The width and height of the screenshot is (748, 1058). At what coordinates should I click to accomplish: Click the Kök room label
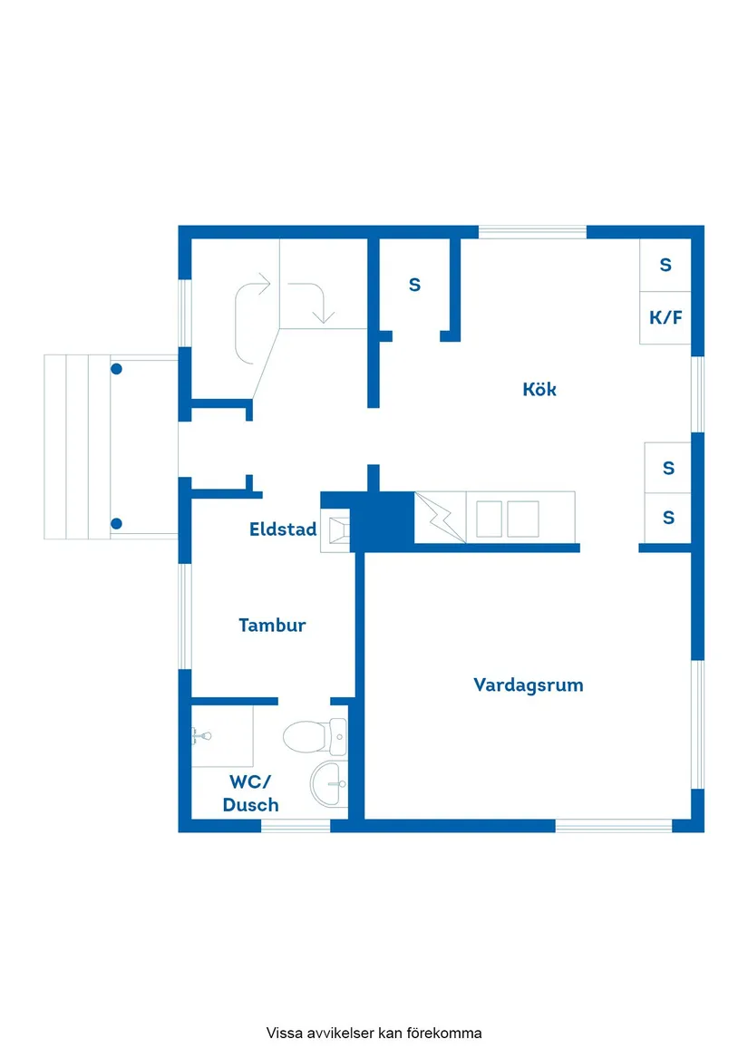(x=539, y=390)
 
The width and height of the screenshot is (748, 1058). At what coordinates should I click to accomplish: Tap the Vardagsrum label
(x=528, y=684)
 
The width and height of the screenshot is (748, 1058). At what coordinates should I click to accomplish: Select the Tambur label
(x=272, y=625)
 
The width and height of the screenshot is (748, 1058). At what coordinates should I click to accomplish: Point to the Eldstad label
(x=283, y=529)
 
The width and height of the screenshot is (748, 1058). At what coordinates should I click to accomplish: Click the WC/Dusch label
(x=250, y=793)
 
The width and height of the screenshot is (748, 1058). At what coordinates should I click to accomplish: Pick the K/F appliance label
(x=665, y=317)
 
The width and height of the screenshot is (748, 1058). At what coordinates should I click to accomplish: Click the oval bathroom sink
(x=329, y=782)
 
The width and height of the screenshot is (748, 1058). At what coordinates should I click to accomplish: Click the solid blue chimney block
(x=382, y=522)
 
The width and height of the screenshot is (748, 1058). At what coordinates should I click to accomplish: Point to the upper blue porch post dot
(x=116, y=369)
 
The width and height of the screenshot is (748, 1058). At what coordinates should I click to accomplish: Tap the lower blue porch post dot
(x=116, y=523)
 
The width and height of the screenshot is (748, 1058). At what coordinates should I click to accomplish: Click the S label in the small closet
(x=414, y=285)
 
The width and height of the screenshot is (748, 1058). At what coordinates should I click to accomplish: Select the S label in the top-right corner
(x=665, y=265)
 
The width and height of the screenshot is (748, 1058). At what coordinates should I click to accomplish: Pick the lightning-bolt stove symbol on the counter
(x=440, y=518)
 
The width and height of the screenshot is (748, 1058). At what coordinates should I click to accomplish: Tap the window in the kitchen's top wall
(x=532, y=232)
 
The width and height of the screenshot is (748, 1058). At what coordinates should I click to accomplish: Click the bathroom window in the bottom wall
(x=296, y=826)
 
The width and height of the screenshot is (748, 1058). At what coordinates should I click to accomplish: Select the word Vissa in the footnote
(x=283, y=1033)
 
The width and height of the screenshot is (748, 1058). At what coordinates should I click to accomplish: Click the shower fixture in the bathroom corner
(x=201, y=735)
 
